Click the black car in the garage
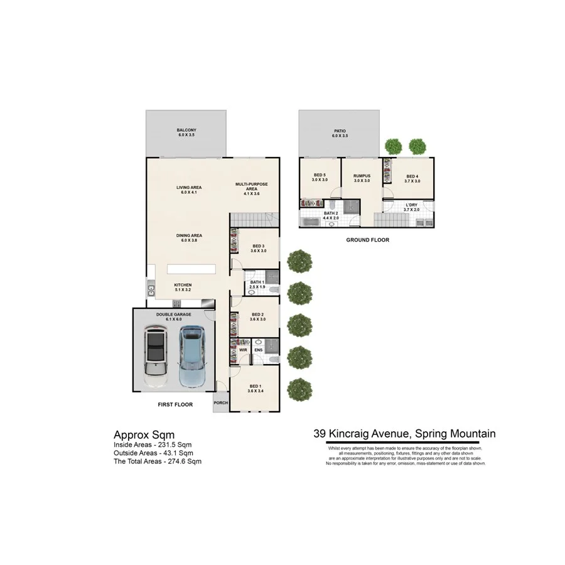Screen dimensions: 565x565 [156, 356]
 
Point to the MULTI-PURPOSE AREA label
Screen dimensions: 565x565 [252, 187]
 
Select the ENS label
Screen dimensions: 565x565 [258, 350]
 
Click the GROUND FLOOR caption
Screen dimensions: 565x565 [368, 240]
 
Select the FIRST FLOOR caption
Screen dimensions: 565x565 [175, 405]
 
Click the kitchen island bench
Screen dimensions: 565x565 [191, 269]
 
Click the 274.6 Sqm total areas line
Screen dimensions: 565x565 [158, 461]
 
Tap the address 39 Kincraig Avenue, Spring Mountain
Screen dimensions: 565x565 [405, 434]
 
